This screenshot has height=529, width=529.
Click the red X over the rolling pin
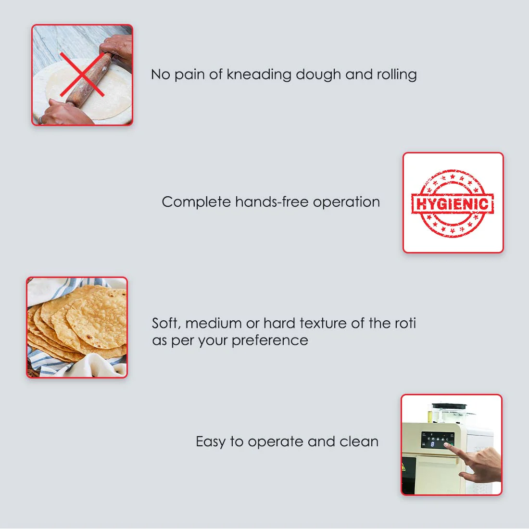(x=83, y=75)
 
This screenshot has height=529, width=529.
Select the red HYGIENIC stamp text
(x=453, y=203)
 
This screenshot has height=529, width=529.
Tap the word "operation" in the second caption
(x=346, y=202)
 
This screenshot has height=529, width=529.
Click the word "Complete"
(x=196, y=202)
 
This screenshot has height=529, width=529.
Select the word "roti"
(x=405, y=323)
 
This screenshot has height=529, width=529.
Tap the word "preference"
(x=270, y=340)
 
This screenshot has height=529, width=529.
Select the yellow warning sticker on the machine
(x=404, y=467)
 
